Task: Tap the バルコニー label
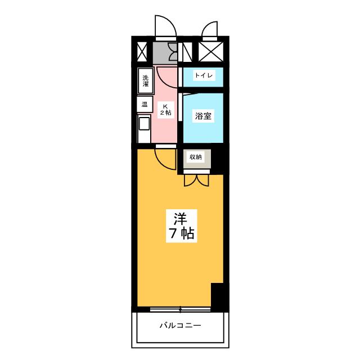180,325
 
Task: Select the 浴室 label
203,116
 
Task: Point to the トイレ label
203,75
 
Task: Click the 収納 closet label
195,157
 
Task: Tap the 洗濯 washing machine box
146,80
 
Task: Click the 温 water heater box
145,104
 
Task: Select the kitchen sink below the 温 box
144,128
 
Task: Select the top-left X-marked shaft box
142,52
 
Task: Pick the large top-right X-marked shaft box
210,52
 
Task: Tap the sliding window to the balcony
180,309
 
